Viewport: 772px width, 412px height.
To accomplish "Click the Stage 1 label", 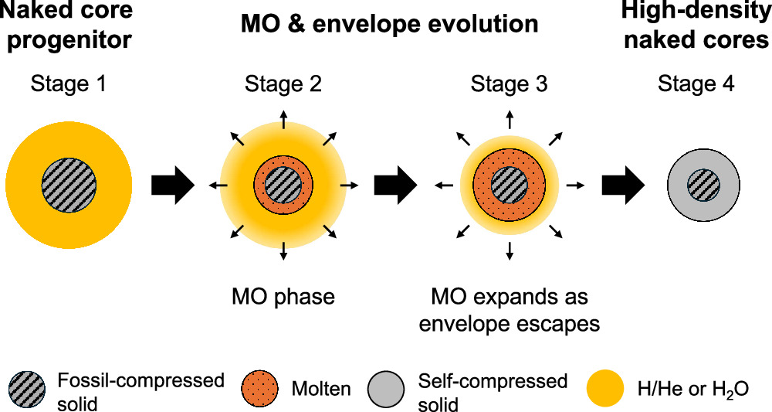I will (68, 84).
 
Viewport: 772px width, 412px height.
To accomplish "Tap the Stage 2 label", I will (283, 84).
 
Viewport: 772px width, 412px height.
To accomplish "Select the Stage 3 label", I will (509, 84).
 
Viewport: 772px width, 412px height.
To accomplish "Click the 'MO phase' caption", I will (283, 297).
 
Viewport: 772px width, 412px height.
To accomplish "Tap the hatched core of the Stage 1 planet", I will (69, 186).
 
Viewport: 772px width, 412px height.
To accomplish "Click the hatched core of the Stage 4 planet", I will (703, 186).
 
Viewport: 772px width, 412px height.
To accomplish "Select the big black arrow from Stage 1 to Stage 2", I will (174, 186).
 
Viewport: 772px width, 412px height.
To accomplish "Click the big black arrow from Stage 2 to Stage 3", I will (395, 186).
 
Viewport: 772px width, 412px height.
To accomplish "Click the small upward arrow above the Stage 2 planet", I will (283, 119).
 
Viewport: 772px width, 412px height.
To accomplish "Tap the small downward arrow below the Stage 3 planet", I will (509, 249).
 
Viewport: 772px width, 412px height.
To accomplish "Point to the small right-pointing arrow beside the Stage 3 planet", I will (575, 186).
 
